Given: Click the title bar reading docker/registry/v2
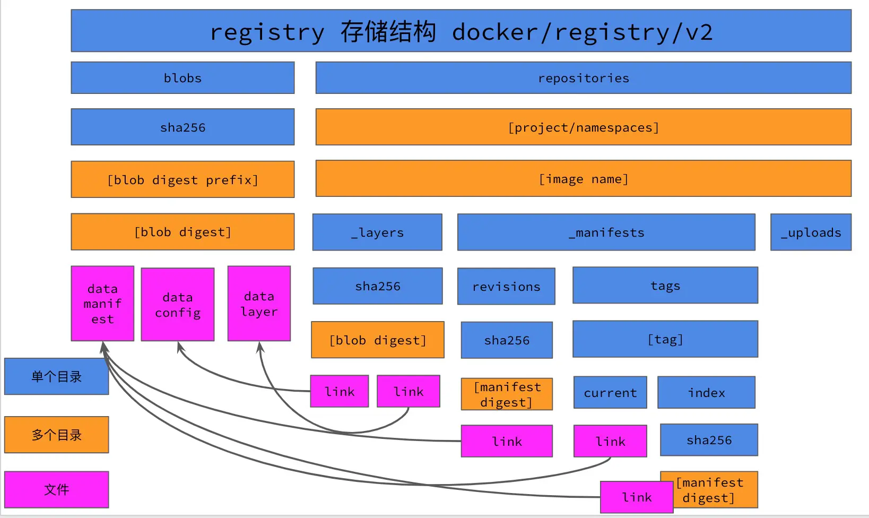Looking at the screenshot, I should click(460, 31).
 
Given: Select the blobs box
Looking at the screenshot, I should click(183, 78).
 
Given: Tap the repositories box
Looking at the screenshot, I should click(583, 78).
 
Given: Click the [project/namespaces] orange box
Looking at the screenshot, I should click(583, 127).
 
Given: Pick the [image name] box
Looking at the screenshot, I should click(583, 179).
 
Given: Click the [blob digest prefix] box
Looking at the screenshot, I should click(183, 179).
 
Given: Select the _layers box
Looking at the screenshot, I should click(377, 232).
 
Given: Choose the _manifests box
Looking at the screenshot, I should click(606, 232).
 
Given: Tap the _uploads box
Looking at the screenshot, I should click(811, 232).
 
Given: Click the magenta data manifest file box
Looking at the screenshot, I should click(102, 304).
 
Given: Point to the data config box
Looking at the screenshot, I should click(178, 305).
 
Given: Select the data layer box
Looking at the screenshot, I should click(259, 304).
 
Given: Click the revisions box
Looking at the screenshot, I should click(506, 286).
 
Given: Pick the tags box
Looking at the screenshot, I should click(665, 286).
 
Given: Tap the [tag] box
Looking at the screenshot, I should click(665, 339).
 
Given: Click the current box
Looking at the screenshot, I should click(610, 392).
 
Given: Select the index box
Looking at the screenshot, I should click(706, 392).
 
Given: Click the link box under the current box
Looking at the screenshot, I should click(610, 441).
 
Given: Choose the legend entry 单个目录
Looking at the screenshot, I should click(56, 376).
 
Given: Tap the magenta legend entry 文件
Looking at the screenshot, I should click(56, 489).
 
